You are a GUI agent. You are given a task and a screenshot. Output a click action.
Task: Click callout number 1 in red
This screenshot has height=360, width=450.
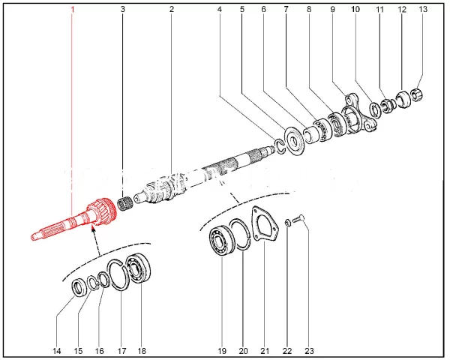coord(73,10)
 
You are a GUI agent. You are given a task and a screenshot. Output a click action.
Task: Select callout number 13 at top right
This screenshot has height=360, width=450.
coord(422,10)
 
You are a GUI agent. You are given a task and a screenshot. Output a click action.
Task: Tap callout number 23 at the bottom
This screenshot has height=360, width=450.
coord(309,350)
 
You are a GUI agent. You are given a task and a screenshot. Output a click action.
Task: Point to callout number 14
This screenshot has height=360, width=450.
coord(58,350)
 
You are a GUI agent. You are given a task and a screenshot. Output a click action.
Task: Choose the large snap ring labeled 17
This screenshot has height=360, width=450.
coord(118,275)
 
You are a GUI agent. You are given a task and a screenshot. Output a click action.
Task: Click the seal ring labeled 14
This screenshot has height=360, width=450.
coord(79,287)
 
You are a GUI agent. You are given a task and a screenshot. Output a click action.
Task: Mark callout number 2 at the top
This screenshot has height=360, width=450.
coord(171,10)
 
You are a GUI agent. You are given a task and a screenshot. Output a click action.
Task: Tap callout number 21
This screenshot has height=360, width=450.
coord(264,350)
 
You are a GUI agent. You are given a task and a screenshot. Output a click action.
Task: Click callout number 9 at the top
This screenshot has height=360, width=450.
coord(332,10)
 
